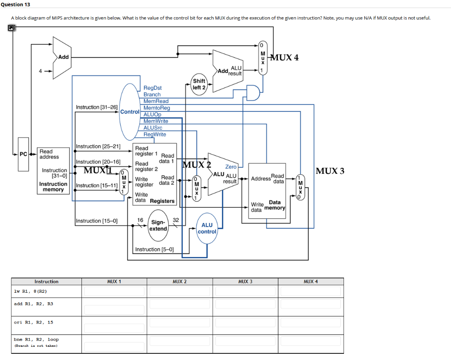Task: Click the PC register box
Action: pyautogui.click(x=23, y=154)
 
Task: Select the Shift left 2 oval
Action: pyautogui.click(x=199, y=84)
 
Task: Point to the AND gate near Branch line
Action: pyautogui.click(x=252, y=93)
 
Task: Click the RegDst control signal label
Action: pyautogui.click(x=152, y=88)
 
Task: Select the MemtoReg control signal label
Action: pyautogui.click(x=156, y=108)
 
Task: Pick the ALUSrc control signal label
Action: pyautogui.click(x=153, y=128)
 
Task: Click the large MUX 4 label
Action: pyautogui.click(x=284, y=58)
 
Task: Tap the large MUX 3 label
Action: pyautogui.click(x=330, y=171)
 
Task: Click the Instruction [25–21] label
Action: pyautogui.click(x=98, y=147)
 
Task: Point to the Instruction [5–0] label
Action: pyautogui.click(x=154, y=250)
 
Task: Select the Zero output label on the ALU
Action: pyautogui.click(x=231, y=167)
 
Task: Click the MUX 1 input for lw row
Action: pyautogui.click(x=114, y=291)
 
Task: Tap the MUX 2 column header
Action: pyautogui.click(x=179, y=281)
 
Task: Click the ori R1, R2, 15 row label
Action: pyautogui.click(x=33, y=322)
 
